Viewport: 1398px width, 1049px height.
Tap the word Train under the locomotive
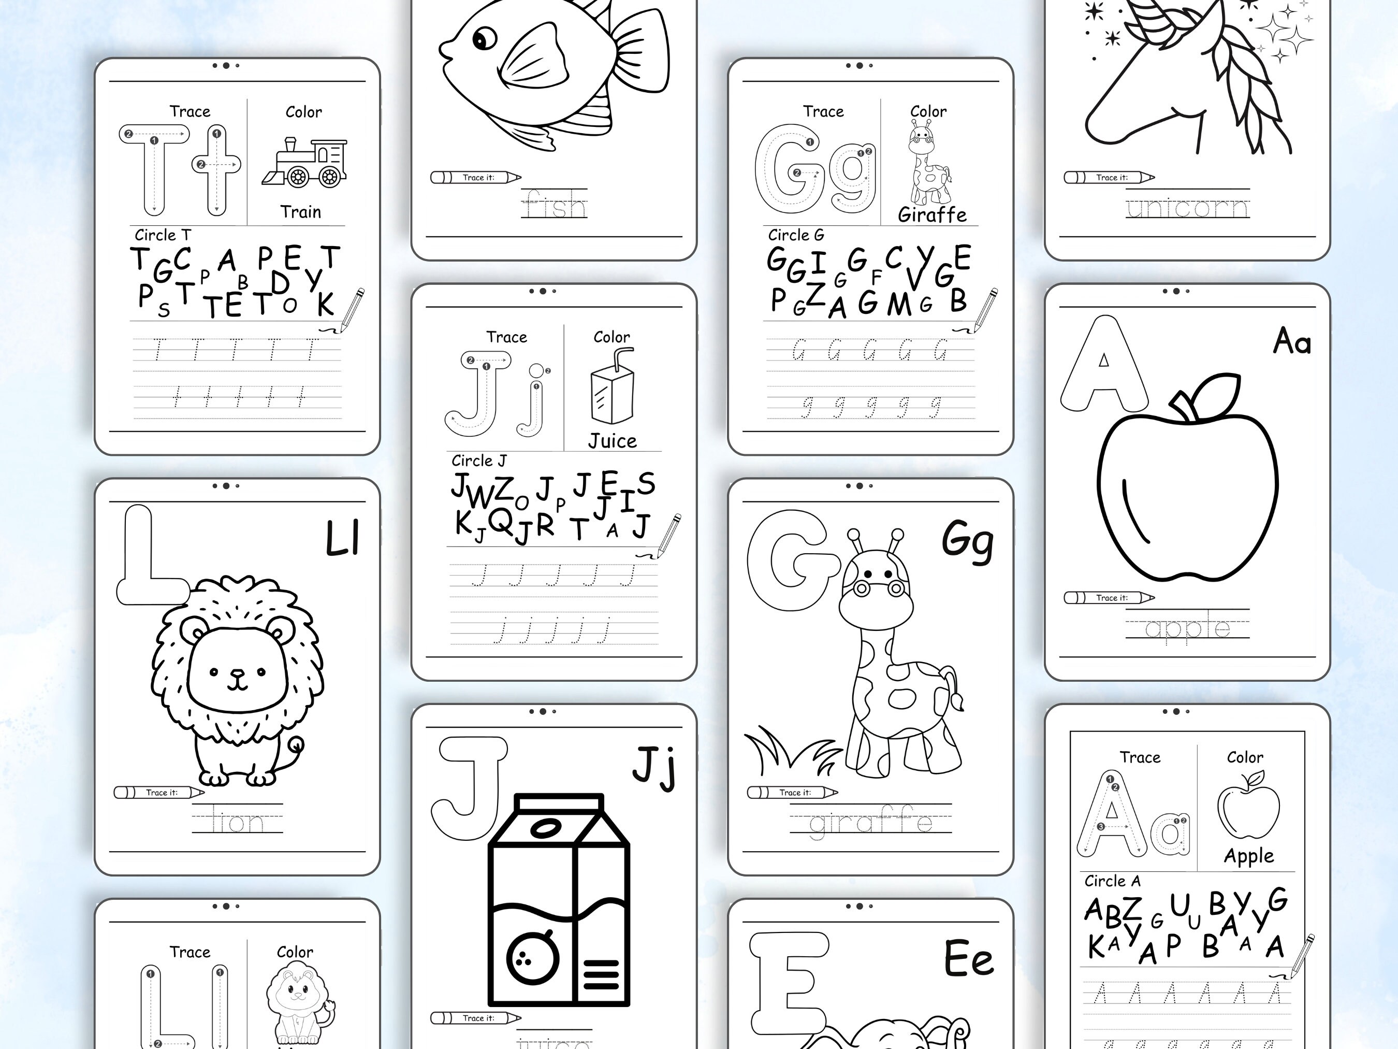click(301, 212)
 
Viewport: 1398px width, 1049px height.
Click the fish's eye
click(484, 39)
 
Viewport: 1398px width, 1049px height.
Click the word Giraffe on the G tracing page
click(932, 215)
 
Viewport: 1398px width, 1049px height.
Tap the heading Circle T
click(163, 235)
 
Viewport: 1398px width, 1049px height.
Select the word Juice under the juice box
click(613, 441)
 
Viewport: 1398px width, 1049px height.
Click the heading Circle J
click(478, 461)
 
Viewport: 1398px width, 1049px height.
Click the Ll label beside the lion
click(342, 539)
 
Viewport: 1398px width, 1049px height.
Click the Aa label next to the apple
click(1291, 342)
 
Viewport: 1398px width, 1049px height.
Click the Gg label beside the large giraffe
click(967, 541)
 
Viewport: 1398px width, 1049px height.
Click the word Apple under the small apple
click(1248, 856)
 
